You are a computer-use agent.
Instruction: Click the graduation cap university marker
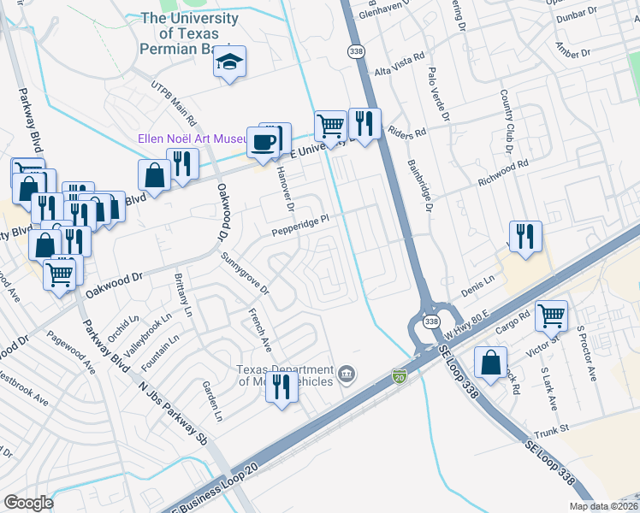(x=229, y=62)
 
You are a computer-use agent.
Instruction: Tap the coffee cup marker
(x=264, y=141)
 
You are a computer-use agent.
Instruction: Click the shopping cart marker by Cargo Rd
(x=552, y=315)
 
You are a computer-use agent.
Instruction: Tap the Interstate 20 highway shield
(x=399, y=375)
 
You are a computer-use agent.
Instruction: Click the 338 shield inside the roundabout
(x=432, y=321)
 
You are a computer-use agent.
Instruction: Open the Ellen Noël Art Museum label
(x=193, y=140)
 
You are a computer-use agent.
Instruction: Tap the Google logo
(x=29, y=503)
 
